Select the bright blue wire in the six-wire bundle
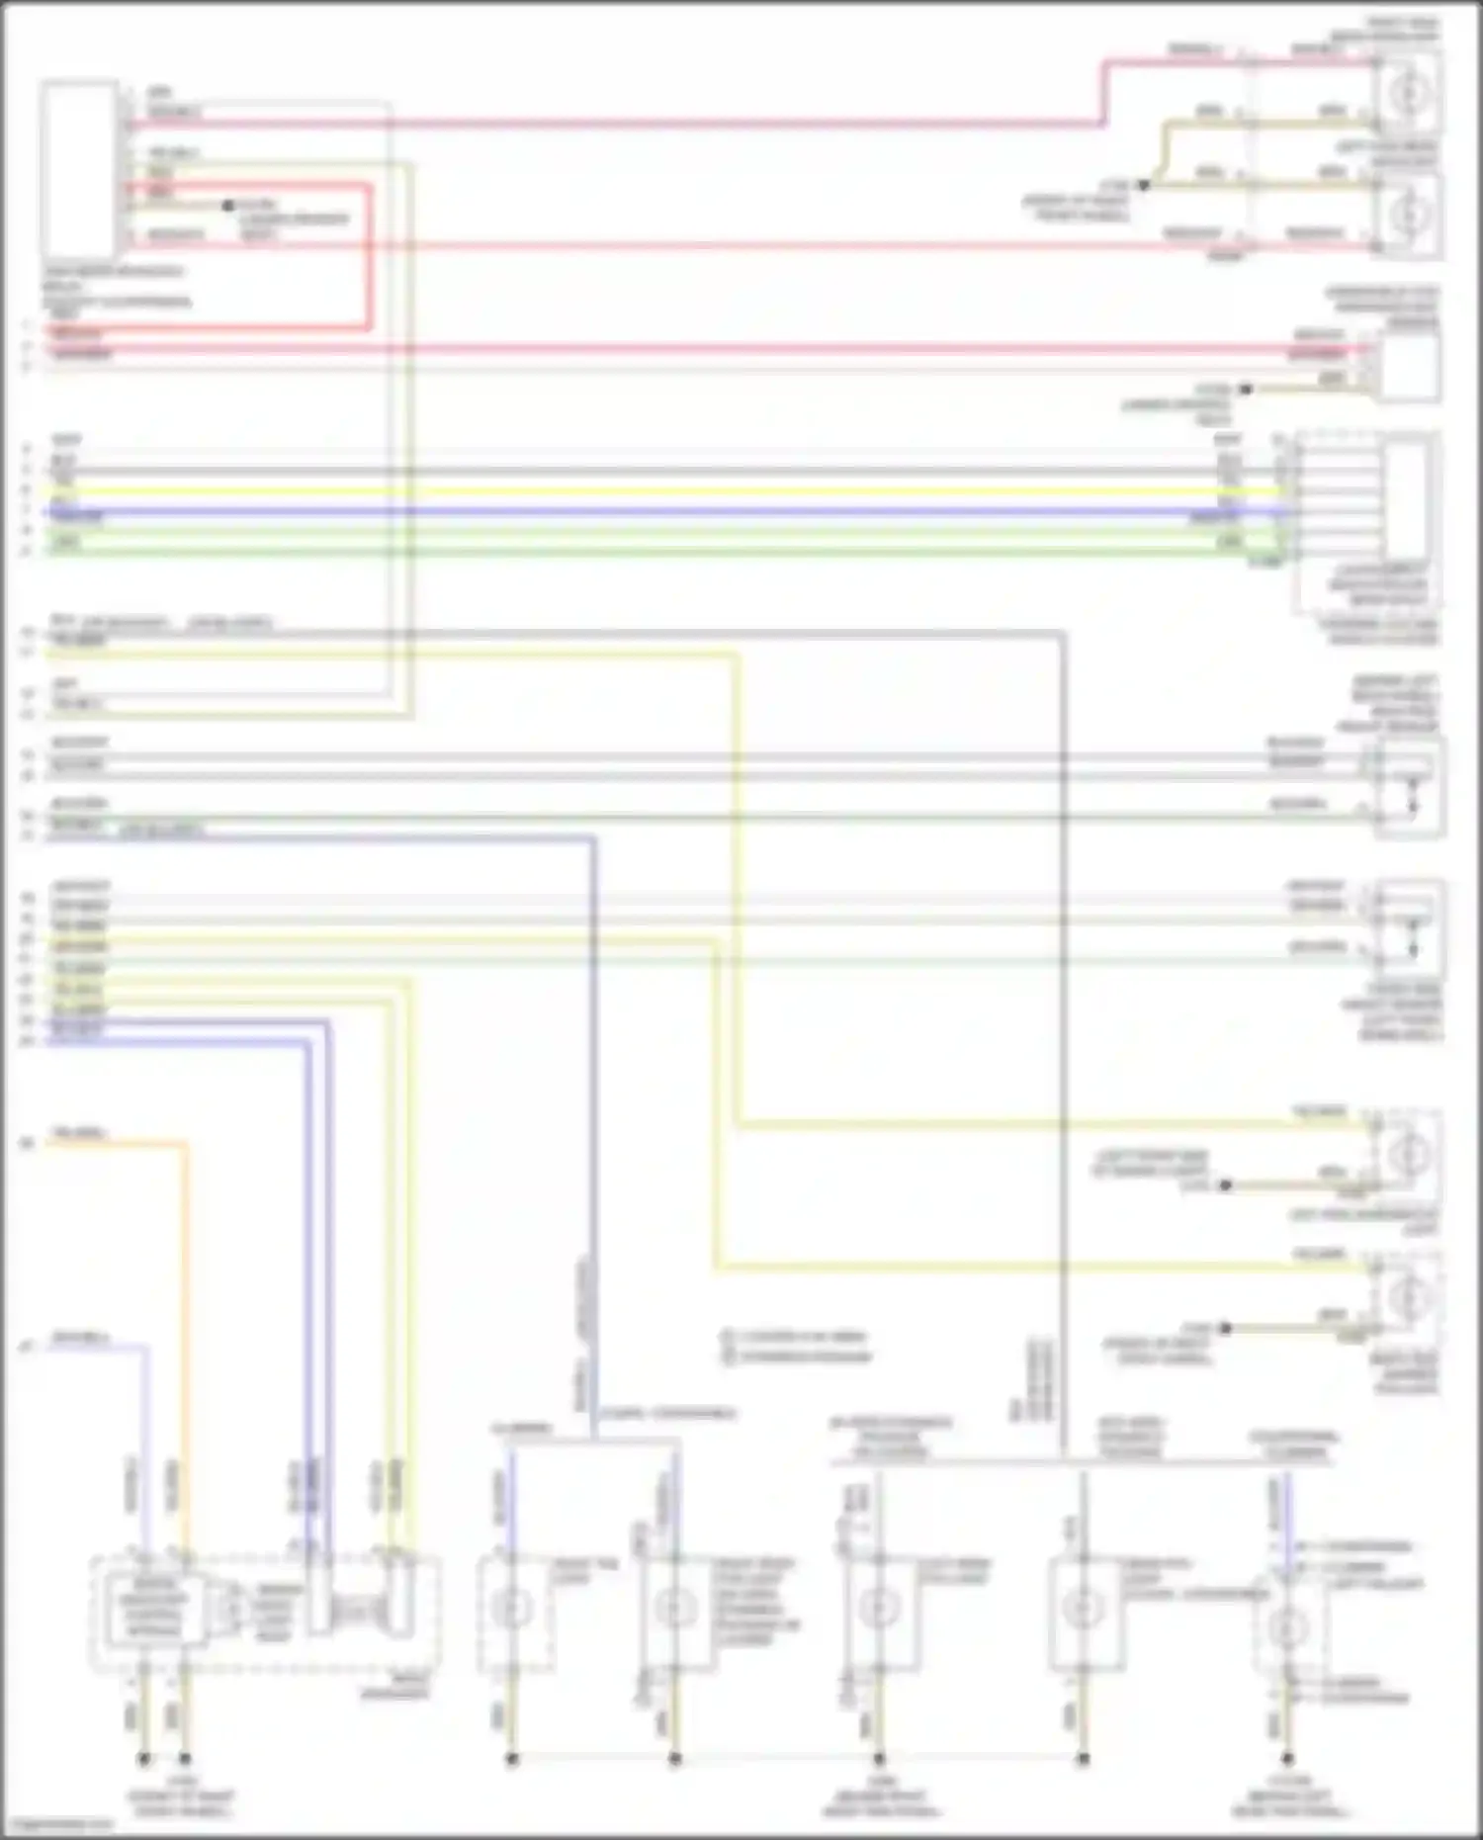[692, 513]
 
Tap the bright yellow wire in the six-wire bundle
[692, 491]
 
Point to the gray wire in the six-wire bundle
[692, 471]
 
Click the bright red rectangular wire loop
[370, 257]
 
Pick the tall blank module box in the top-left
[78, 170]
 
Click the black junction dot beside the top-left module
[227, 206]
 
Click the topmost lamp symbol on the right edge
[1409, 92]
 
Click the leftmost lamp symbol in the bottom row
[512, 1609]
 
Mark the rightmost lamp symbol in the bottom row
[1284, 1624]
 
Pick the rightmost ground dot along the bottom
[1286, 1759]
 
